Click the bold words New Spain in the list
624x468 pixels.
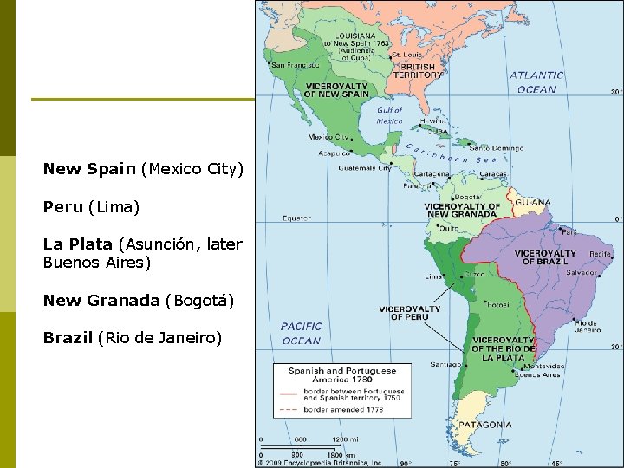pos(89,169)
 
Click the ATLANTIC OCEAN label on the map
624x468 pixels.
pos(536,82)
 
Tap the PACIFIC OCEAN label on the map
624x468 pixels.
pos(301,334)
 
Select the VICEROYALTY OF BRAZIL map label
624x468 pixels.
pos(545,257)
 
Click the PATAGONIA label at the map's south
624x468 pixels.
pos(485,426)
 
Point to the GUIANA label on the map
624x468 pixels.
pos(532,203)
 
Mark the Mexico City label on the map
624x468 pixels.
pos(328,137)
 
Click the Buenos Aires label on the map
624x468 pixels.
pos(538,375)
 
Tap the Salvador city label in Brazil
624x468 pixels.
pos(582,272)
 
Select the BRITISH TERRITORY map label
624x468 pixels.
pos(418,71)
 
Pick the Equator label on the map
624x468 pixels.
pos(296,218)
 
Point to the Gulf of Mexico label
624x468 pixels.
pos(389,116)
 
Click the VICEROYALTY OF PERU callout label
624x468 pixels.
pos(410,313)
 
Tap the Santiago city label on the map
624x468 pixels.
pos(445,365)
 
